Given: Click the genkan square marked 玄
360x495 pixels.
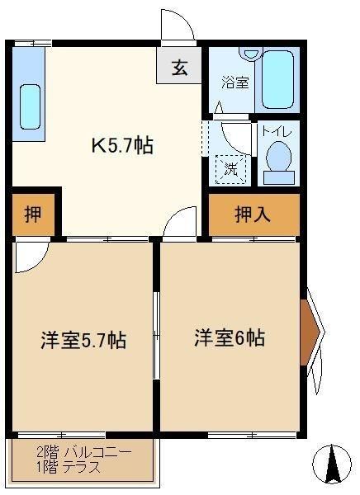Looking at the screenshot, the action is point(179,66).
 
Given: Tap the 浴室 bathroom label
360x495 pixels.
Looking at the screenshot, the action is point(235,82).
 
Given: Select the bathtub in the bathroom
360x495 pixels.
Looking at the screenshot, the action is point(277,79).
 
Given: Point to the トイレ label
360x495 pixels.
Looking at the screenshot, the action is point(277,131).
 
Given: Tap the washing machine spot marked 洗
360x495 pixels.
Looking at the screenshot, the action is point(231,169).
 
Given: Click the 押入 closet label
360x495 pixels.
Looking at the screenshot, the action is point(252,214).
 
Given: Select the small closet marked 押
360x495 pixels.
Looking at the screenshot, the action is point(33,214).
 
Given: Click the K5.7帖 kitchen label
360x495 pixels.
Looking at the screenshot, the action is point(122,145).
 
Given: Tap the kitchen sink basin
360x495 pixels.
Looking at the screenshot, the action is point(30,106).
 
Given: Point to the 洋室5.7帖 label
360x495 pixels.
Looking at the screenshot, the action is point(83,340).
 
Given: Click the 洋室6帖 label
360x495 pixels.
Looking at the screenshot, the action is point(230,337).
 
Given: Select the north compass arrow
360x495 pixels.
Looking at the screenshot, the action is point(332,464).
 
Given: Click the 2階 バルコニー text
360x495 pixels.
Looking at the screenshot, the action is point(83,452).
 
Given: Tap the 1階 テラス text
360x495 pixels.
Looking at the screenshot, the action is point(69,467).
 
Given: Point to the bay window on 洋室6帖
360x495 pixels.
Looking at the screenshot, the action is point(312,332).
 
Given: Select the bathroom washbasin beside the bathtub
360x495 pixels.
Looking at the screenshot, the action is point(251,54).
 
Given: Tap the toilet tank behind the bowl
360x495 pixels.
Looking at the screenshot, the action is point(279,177).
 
